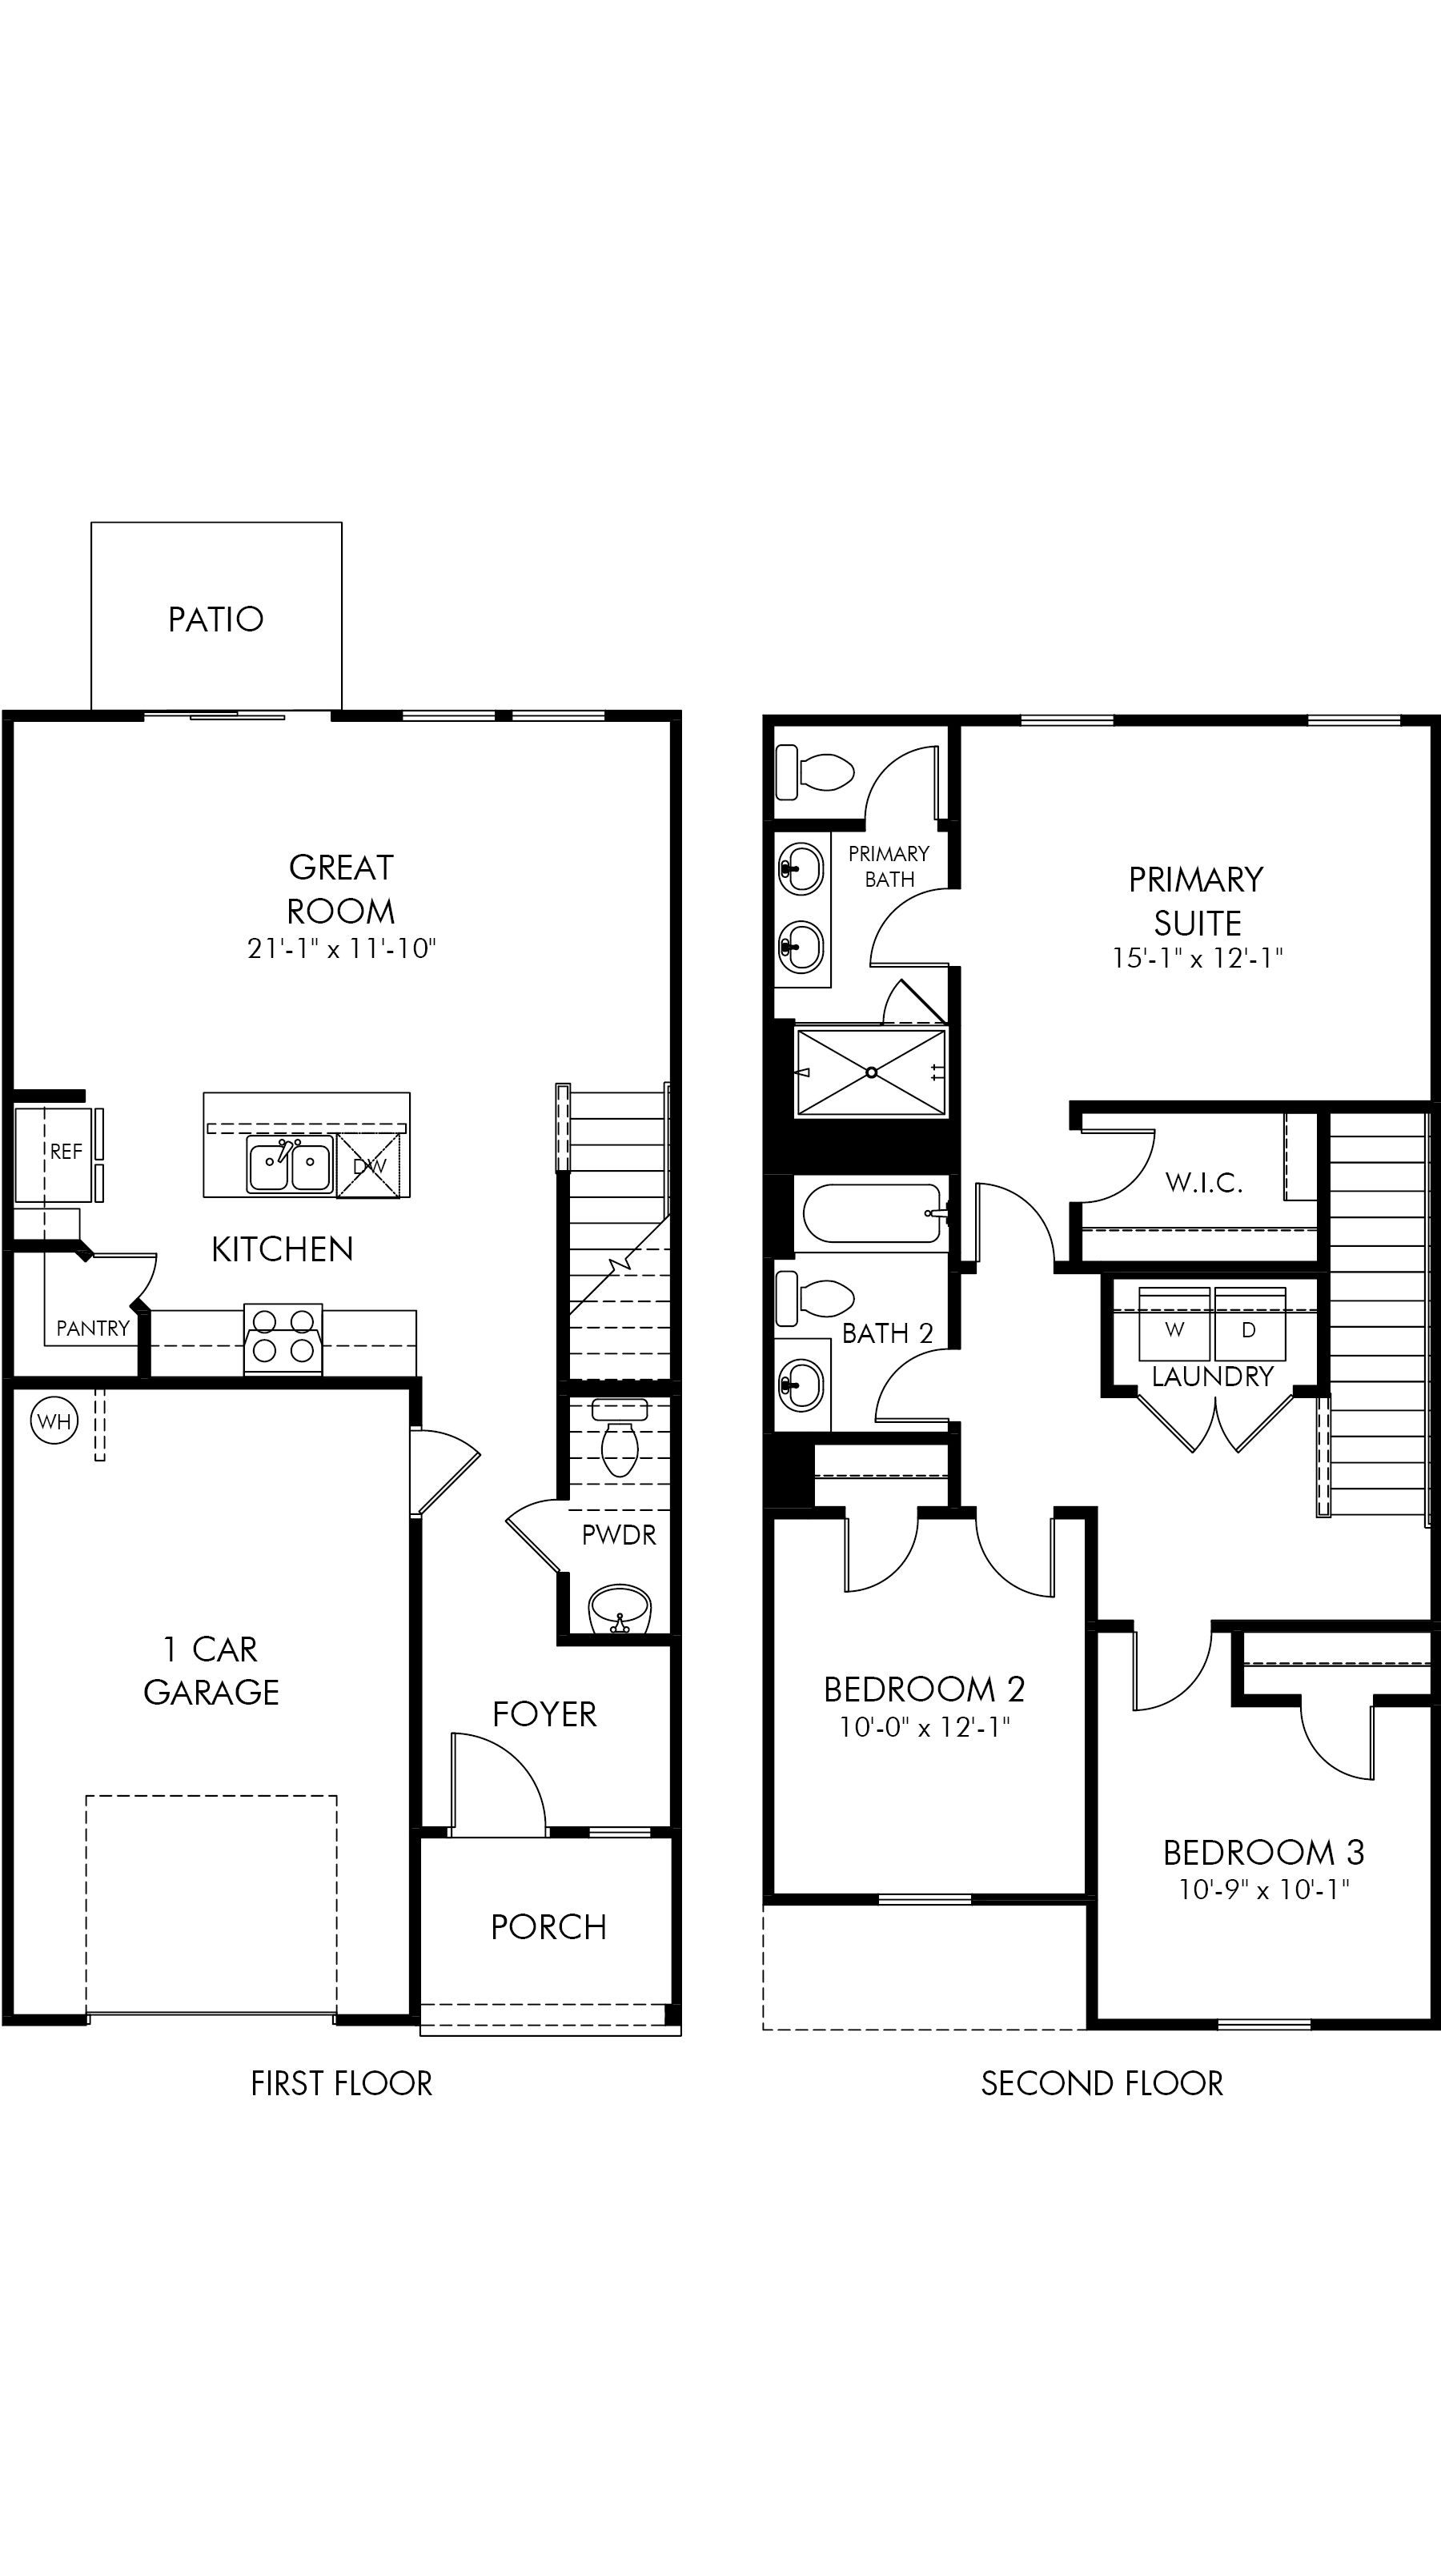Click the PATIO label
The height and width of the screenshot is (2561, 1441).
tap(216, 619)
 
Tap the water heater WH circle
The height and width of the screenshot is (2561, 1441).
tap(54, 1421)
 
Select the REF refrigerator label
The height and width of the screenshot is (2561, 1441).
tap(66, 1152)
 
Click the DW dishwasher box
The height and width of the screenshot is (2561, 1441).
tap(369, 1165)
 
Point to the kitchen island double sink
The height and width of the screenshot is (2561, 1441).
tap(289, 1165)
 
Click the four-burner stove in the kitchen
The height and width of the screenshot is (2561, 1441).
tap(283, 1337)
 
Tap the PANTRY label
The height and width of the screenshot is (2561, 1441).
tap(93, 1329)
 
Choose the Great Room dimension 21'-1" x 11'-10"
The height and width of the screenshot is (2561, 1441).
tap(341, 948)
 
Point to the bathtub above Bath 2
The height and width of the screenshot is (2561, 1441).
tap(871, 1213)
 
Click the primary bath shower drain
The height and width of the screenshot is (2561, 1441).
tap(871, 1072)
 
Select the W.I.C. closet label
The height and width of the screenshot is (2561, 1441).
tap(1203, 1182)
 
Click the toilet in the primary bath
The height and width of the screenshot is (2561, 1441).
tap(816, 771)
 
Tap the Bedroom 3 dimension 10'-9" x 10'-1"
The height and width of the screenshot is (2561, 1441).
tap(1263, 1889)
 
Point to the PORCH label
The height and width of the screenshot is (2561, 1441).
tap(548, 1926)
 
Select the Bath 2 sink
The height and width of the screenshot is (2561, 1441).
tap(801, 1384)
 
